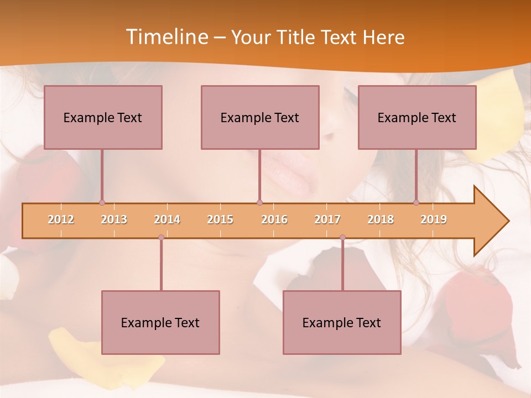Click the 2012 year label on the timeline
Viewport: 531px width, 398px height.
(x=61, y=219)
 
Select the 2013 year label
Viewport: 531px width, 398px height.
(x=114, y=219)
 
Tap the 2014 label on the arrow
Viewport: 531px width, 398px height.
(x=167, y=219)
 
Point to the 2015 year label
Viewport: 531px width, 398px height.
(x=220, y=219)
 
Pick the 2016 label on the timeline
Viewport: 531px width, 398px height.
(x=274, y=219)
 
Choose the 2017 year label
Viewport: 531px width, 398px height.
(x=327, y=219)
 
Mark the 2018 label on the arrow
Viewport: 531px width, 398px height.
(x=381, y=219)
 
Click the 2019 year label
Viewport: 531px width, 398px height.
(x=434, y=219)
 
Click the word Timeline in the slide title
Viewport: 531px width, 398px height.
(x=166, y=37)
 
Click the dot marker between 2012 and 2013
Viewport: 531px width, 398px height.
(x=102, y=203)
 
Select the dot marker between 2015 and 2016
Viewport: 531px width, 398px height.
(x=259, y=203)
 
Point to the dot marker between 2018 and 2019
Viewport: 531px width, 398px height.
(x=417, y=203)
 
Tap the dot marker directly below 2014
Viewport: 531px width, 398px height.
(x=161, y=237)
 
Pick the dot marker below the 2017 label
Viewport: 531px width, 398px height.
(x=342, y=237)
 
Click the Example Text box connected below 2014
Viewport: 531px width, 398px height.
(x=160, y=322)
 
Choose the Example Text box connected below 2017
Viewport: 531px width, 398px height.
(x=342, y=322)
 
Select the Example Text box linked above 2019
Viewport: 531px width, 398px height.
(x=417, y=117)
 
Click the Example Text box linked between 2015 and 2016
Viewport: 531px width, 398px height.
(x=260, y=117)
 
